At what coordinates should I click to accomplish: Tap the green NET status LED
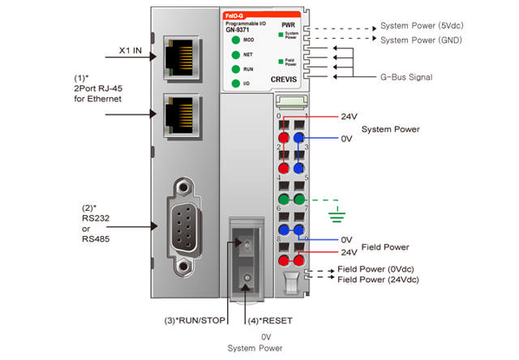pyautogui.click(x=234, y=54)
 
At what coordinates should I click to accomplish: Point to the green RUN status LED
pyautogui.click(x=234, y=69)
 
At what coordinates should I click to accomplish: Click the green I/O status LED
pyautogui.click(x=234, y=84)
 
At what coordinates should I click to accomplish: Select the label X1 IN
pyautogui.click(x=131, y=50)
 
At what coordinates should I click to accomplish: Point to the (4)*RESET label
pyautogui.click(x=272, y=320)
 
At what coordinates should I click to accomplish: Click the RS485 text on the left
pyautogui.click(x=86, y=239)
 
